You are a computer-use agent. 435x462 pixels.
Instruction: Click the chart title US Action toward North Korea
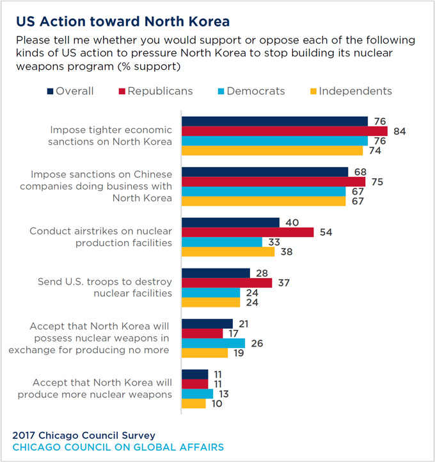point(122,21)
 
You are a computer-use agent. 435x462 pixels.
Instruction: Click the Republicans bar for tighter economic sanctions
point(285,131)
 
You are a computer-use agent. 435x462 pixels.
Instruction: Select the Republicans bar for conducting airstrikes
point(248,232)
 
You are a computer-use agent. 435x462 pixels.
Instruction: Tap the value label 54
point(325,232)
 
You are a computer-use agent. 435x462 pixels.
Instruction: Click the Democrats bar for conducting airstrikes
point(222,242)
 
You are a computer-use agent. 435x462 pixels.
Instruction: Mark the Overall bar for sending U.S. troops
point(216,273)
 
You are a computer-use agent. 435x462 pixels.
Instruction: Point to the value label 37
point(283,283)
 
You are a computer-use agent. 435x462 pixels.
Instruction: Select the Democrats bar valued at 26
point(213,343)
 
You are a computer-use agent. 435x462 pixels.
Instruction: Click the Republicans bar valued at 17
point(202,333)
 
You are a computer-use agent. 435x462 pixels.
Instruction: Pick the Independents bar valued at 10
point(194,404)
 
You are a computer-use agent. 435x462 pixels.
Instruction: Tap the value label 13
point(225,393)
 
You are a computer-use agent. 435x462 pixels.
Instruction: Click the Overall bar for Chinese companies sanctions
point(265,172)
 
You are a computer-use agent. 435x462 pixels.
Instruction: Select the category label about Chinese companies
point(96,186)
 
